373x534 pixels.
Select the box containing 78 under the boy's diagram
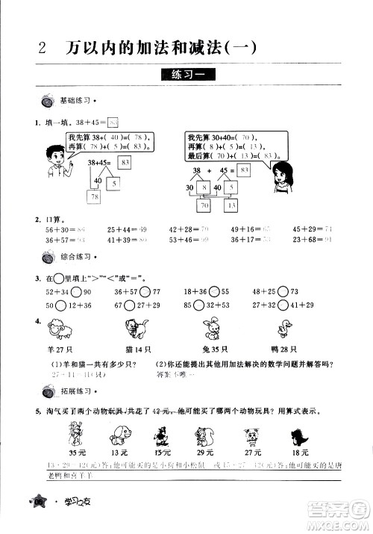click(x=95, y=196)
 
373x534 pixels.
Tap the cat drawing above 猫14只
click(x=136, y=329)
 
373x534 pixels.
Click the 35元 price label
click(x=77, y=452)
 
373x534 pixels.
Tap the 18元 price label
click(x=300, y=452)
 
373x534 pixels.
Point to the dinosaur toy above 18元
click(x=300, y=433)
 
